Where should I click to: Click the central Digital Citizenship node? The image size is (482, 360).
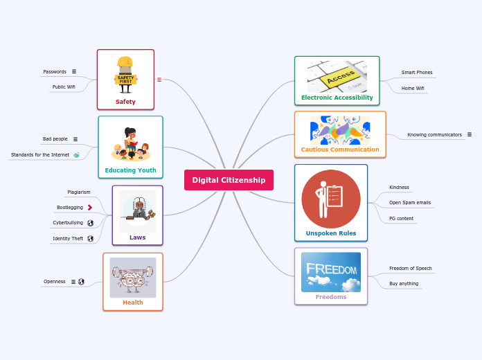[229, 180]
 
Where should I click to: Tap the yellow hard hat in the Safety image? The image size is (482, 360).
[125, 64]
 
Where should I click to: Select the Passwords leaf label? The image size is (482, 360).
[55, 71]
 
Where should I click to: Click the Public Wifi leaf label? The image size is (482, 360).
[64, 87]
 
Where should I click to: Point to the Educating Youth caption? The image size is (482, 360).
[130, 170]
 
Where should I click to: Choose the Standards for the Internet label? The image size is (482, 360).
[40, 154]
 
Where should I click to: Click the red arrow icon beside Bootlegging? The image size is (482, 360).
[90, 207]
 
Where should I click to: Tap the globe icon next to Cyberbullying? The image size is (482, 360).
[90, 223]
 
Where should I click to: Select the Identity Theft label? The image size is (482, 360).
[68, 238]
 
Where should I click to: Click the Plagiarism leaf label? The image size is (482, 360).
[79, 192]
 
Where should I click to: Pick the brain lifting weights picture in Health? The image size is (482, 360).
[133, 277]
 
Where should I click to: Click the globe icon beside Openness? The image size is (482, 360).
[81, 282]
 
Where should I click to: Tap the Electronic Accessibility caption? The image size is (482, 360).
[337, 98]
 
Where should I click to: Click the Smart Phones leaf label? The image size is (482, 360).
[417, 72]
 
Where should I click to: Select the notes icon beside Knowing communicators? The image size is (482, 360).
[470, 134]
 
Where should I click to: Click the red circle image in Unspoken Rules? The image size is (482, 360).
[331, 199]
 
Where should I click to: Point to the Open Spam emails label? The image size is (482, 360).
[410, 202]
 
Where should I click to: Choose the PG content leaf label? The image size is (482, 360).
[402, 218]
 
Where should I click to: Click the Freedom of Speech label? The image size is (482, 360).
[411, 268]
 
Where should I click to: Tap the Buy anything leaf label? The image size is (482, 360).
[404, 283]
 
